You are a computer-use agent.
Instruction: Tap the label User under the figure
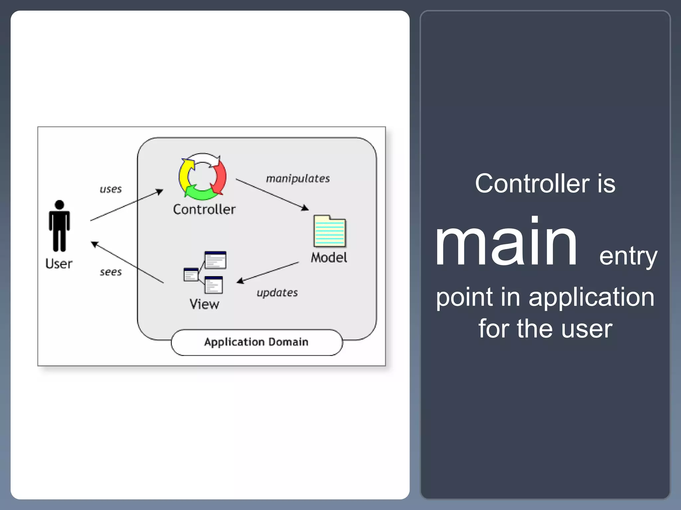tap(59, 264)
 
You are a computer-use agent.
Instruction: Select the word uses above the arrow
tap(111, 189)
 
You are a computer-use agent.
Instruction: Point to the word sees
tap(111, 272)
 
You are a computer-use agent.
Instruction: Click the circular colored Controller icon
tap(203, 177)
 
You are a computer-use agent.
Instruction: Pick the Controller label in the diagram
tap(204, 210)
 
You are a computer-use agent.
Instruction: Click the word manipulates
tap(298, 179)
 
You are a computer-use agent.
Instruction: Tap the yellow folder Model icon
tap(330, 231)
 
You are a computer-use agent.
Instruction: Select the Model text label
tap(329, 258)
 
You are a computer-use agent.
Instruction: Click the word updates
tap(277, 293)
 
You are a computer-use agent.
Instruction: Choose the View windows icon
tap(205, 273)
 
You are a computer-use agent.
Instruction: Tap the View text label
tap(204, 304)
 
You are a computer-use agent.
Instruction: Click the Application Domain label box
tap(256, 342)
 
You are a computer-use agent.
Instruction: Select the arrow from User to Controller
tap(127, 205)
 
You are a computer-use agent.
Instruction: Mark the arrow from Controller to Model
tap(272, 194)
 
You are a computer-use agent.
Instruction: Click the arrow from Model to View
tap(268, 273)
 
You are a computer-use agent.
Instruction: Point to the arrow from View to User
tap(127, 262)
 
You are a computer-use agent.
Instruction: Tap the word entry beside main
tap(628, 256)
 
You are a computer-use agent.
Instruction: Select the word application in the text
tap(591, 297)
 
